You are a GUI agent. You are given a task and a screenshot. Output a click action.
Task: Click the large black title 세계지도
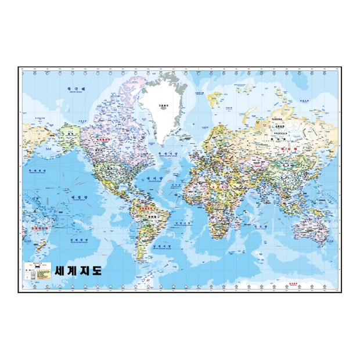click(x=79, y=271)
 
